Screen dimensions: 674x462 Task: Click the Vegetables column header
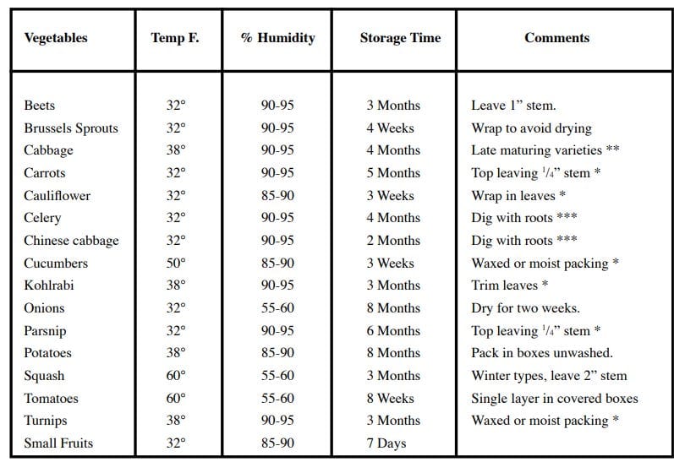pos(56,38)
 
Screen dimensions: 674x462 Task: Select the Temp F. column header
pos(175,38)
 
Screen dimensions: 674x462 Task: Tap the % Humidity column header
pos(277,38)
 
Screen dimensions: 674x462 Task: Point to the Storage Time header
pos(400,38)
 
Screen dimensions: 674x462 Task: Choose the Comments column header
pos(556,38)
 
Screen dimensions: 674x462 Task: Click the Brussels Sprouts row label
pos(71,128)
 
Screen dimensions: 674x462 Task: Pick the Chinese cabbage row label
pos(71,241)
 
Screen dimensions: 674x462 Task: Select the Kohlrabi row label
pos(49,285)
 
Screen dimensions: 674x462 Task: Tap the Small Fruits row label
pos(58,443)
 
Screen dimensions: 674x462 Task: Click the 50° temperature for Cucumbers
pos(176,263)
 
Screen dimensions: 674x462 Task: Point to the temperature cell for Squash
pos(176,375)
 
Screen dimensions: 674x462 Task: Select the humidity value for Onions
pos(277,307)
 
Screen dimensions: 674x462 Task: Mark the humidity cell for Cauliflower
pos(277,196)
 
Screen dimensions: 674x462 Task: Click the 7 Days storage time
pos(386,443)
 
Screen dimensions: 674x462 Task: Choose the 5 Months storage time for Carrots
pos(393,173)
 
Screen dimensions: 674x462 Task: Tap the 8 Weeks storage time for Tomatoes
pos(391,398)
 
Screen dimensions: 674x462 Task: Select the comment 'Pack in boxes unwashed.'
pos(542,353)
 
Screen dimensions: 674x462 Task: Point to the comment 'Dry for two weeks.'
pos(526,308)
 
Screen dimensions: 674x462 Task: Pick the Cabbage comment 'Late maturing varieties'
pos(536,150)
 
